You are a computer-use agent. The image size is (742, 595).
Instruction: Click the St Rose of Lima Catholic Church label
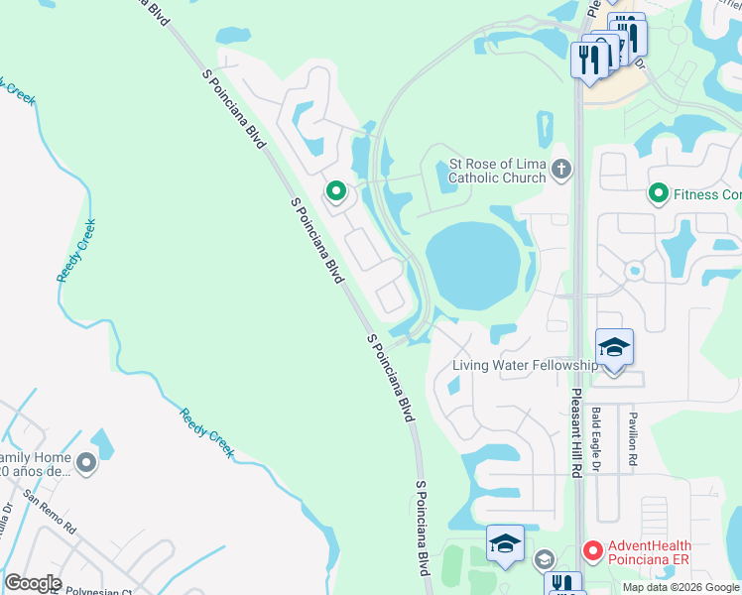tap(497, 171)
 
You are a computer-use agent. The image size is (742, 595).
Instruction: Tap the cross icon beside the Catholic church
tap(561, 170)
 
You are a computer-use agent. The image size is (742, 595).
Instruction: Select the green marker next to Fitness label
tap(657, 194)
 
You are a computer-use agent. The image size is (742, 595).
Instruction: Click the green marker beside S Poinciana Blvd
tap(336, 190)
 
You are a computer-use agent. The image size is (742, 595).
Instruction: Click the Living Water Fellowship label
tap(525, 365)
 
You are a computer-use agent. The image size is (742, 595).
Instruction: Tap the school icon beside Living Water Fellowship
tap(614, 349)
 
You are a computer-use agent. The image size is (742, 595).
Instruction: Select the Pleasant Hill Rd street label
tap(575, 432)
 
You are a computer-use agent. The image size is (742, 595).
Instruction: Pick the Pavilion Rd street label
tap(631, 436)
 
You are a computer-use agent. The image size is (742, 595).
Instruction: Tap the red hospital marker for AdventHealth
tap(592, 548)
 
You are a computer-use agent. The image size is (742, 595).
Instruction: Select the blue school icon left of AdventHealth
tap(505, 544)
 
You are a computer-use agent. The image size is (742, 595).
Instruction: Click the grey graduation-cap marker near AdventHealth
tap(544, 560)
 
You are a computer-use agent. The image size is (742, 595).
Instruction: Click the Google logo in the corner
tap(33, 582)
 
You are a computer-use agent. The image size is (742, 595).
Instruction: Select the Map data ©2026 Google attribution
tap(680, 587)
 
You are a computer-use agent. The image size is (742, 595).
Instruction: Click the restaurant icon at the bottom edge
tap(562, 584)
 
